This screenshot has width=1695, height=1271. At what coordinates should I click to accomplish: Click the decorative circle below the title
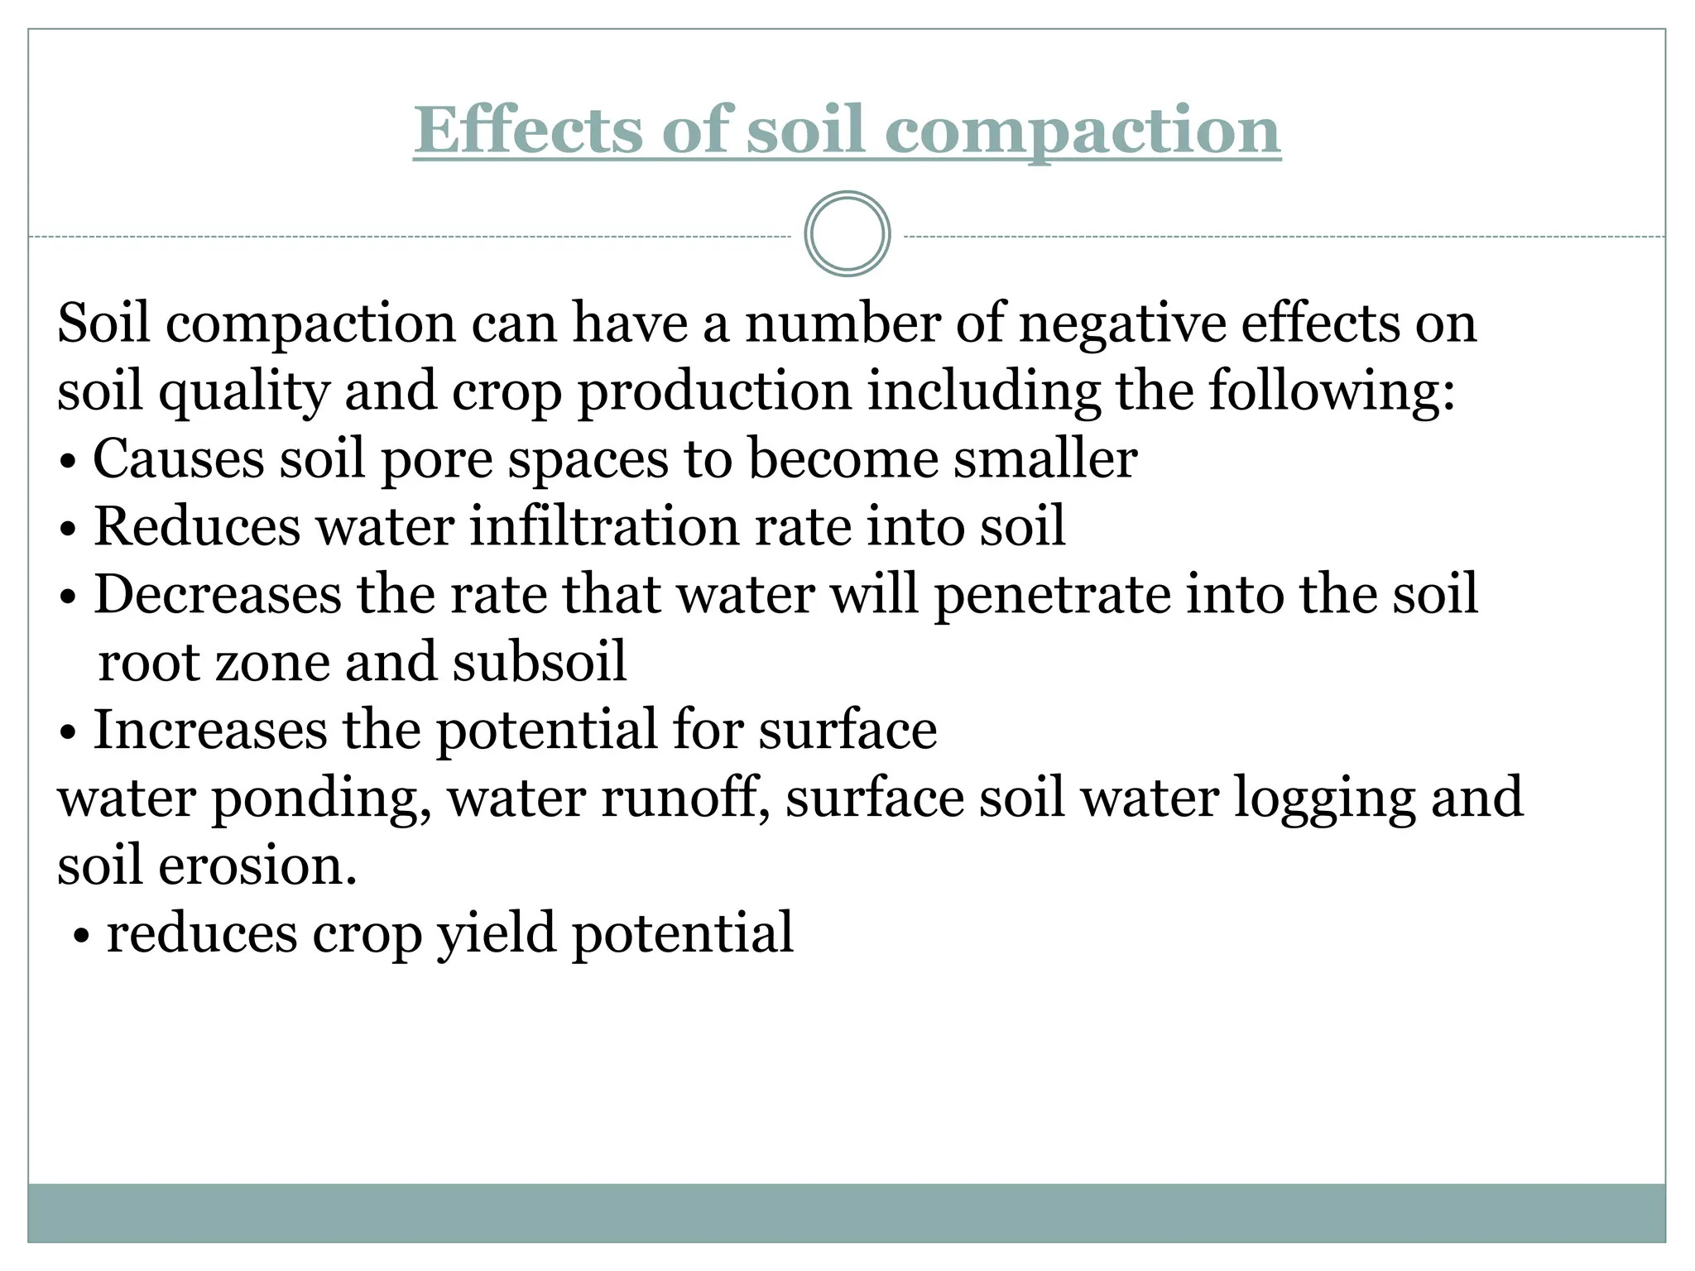point(847,234)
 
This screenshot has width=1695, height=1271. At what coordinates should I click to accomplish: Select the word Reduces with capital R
point(197,527)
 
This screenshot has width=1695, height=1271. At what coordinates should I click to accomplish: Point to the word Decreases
point(217,595)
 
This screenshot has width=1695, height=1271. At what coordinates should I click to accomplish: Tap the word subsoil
point(540,663)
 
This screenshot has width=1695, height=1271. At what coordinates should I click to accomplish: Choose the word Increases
point(210,731)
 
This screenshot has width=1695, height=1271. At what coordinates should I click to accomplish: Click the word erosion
point(257,866)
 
